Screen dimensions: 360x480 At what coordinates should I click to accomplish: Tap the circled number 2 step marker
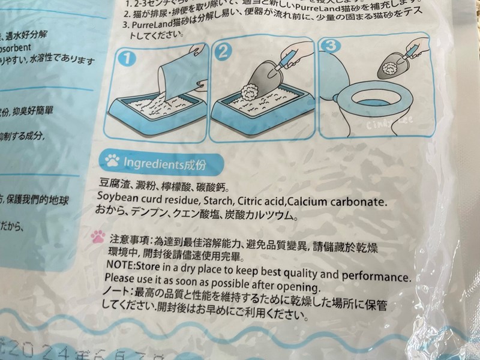pyautogui.click(x=223, y=52)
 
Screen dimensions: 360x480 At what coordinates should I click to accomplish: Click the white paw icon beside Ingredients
pyautogui.click(x=112, y=161)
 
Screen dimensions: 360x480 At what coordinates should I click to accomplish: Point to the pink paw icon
pyautogui.click(x=98, y=236)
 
